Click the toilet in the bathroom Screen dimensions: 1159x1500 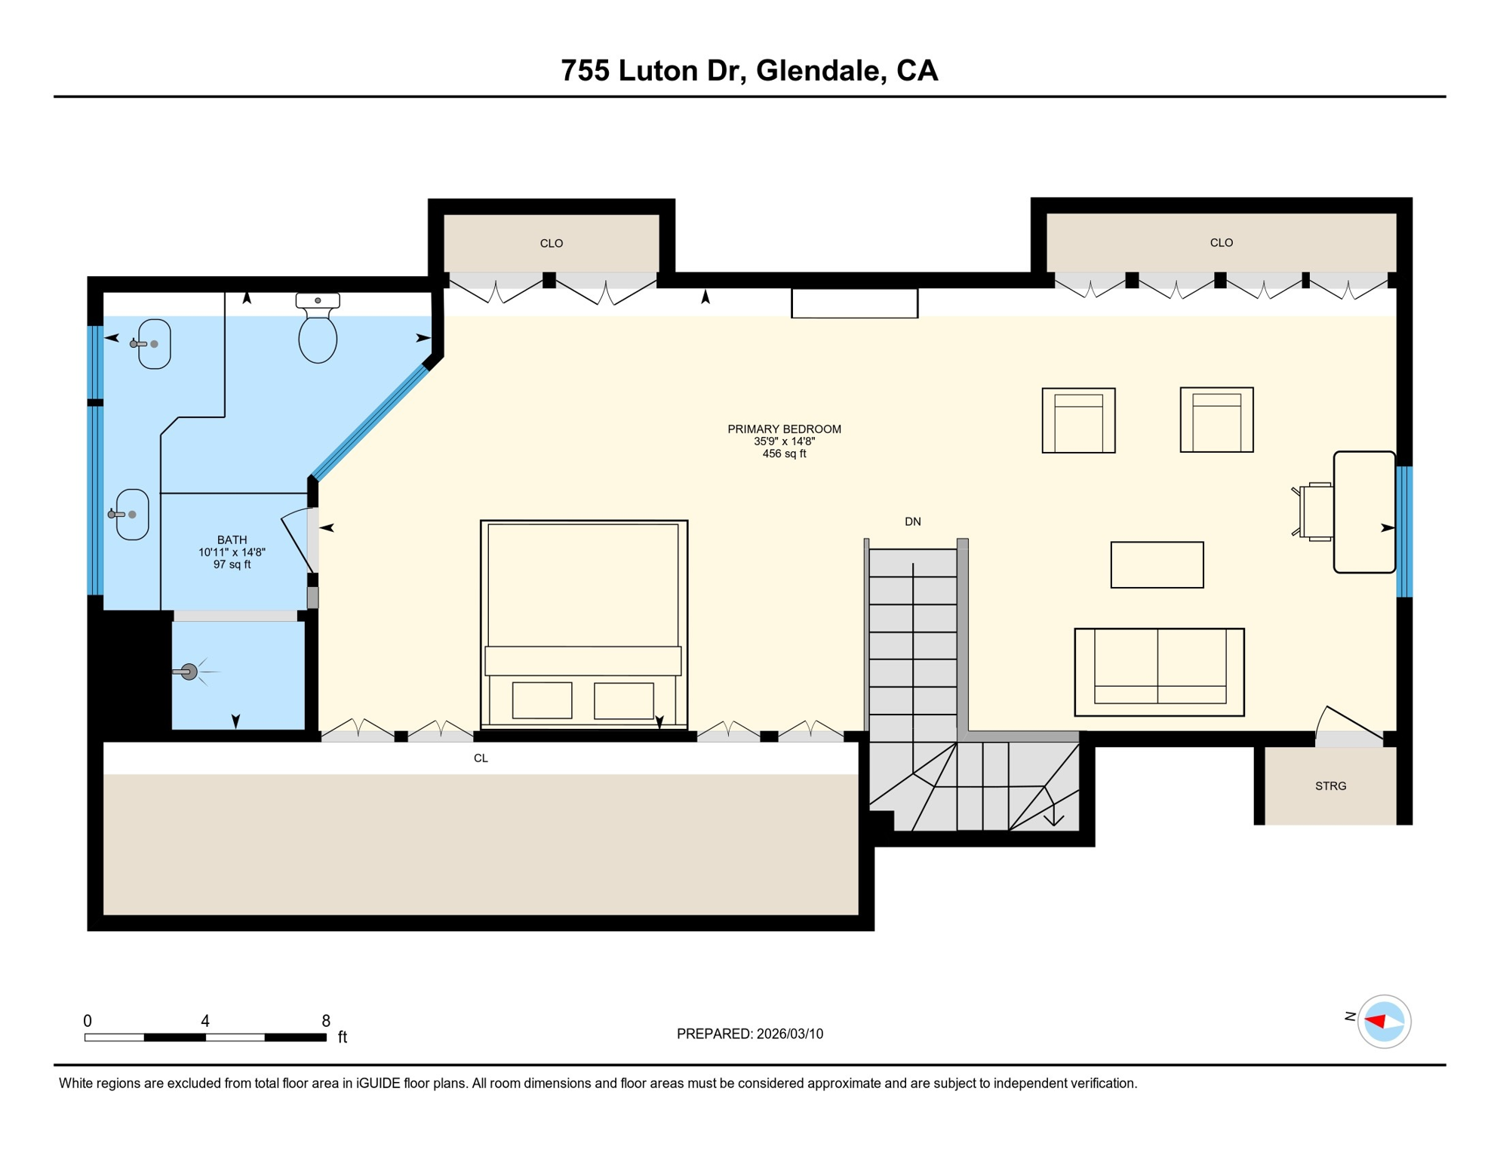pos(318,332)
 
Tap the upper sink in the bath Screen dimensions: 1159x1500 pos(154,344)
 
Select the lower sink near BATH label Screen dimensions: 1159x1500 pos(132,515)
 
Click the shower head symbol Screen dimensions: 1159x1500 pos(189,672)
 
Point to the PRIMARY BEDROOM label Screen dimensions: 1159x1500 pos(784,429)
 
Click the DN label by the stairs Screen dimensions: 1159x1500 pos(912,521)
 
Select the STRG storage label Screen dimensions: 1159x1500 pos(1330,786)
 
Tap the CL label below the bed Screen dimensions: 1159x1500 pos(481,758)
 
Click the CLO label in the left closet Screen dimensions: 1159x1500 pos(551,243)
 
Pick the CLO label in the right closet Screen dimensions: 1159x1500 pos(1221,242)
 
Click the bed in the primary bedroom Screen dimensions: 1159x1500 pos(583,604)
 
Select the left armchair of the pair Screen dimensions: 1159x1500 pos(1078,421)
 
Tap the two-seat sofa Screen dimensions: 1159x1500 pos(1159,672)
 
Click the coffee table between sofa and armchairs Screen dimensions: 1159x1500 pos(1157,564)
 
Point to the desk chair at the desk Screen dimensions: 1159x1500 pos(1315,512)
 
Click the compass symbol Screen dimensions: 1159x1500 pos(1384,1022)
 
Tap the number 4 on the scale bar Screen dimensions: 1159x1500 pos(205,1021)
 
